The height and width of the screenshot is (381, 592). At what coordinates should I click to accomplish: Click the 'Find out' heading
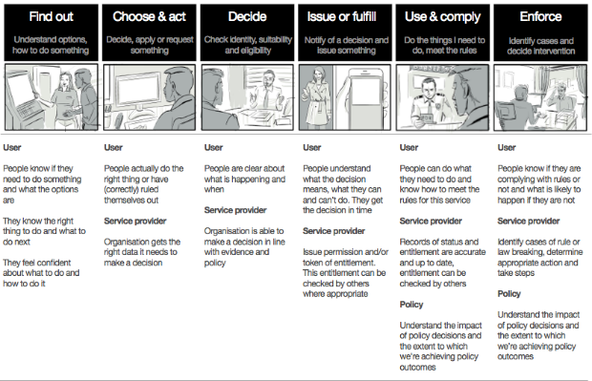(51, 16)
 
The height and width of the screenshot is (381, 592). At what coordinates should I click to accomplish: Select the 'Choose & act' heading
(149, 16)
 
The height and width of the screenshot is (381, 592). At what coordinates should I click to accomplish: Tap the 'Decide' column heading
(247, 16)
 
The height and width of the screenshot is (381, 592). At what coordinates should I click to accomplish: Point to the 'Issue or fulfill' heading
(342, 16)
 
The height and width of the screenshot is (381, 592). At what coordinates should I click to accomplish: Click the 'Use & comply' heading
(442, 17)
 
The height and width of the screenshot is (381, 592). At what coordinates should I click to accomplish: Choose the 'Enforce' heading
(540, 16)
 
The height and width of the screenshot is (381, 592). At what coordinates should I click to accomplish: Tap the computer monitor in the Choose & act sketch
(138, 89)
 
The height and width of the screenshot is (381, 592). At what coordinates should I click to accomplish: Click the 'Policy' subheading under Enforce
(509, 294)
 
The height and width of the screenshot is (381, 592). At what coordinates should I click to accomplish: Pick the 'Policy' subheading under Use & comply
(412, 305)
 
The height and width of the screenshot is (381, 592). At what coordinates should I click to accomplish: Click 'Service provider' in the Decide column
(235, 210)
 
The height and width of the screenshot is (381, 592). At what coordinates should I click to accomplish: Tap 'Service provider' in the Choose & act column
(136, 221)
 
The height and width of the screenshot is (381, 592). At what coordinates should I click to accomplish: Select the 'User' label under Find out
(12, 147)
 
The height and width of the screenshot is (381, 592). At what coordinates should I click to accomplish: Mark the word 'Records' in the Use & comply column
(415, 242)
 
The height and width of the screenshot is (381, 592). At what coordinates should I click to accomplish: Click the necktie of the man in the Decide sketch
(266, 97)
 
